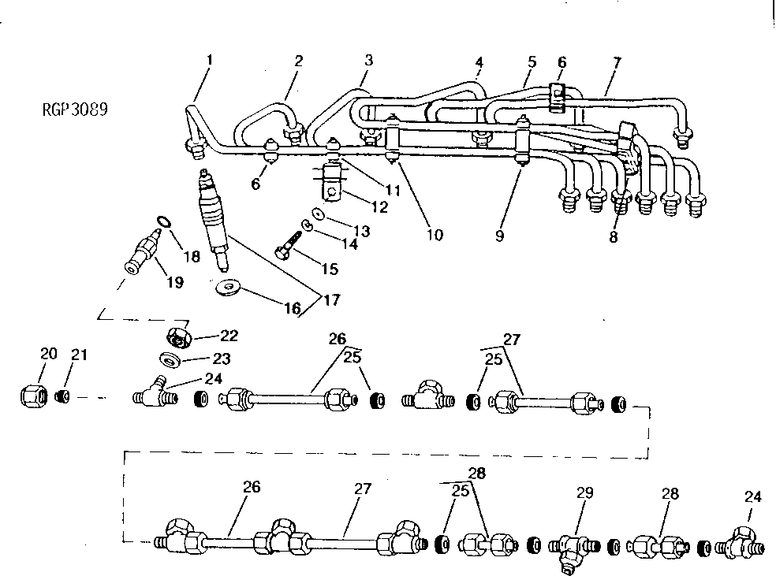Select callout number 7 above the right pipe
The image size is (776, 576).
point(617,62)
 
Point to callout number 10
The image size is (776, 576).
point(434,235)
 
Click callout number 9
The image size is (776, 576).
point(498,235)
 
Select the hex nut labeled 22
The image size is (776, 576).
point(181,336)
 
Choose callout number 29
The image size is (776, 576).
point(584,493)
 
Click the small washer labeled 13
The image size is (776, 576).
point(316,213)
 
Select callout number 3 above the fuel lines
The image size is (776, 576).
point(368,59)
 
